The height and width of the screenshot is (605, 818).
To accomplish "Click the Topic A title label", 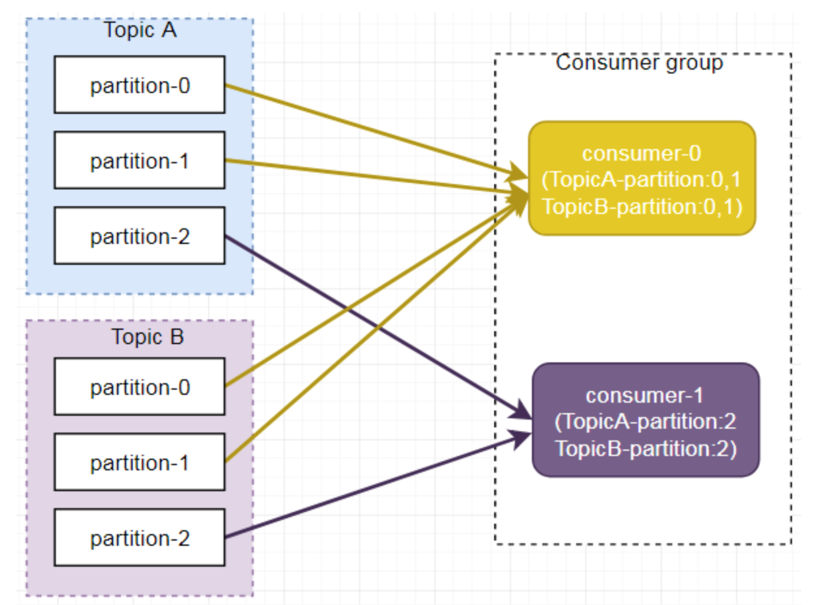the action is coord(140,30).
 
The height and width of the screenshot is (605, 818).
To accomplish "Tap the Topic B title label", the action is coord(148,337).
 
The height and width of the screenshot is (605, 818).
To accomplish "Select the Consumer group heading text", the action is coord(639,62).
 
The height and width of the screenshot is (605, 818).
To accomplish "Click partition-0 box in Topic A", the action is coord(139,85).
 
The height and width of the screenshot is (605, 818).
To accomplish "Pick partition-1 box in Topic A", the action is coord(139,160).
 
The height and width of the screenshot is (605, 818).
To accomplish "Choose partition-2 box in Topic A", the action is coord(139,235).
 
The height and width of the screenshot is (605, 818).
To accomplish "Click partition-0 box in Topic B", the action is coord(139,386).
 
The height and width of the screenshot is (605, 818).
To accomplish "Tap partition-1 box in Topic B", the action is coord(139,462).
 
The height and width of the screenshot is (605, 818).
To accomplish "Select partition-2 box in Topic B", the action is coord(139,537).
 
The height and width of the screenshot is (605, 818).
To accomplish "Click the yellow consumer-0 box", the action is coord(642,178).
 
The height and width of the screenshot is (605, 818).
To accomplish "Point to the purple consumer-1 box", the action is coord(646,420).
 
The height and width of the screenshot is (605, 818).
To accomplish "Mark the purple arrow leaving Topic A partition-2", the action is coord(378,328).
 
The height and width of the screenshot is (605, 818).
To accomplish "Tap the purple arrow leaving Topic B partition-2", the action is coord(378,486).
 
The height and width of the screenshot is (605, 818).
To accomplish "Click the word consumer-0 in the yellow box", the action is coord(641,153).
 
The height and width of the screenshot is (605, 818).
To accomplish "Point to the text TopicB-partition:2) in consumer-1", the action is coord(646,449).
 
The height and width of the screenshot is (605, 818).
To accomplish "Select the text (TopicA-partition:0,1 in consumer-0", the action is coord(641,180).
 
